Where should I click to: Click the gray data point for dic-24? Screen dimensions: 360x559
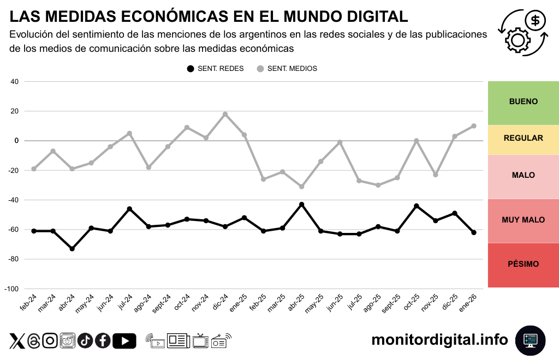[225, 114]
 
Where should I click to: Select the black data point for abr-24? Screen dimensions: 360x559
[72, 249]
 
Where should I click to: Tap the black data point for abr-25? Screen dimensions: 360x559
[301, 205]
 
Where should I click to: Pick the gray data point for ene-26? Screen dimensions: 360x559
[473, 126]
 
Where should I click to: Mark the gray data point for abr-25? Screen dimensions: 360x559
[301, 187]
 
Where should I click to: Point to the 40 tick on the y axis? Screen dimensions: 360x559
[15, 82]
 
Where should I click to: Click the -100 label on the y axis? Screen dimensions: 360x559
[11, 289]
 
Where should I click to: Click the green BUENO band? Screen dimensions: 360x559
[523, 102]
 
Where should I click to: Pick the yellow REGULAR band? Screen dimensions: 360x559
[523, 139]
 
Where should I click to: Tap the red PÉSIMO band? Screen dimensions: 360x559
[523, 265]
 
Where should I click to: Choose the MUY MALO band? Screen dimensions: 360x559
[523, 220]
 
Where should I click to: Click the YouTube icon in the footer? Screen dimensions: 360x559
[124, 341]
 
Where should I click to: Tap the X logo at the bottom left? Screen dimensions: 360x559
[17, 341]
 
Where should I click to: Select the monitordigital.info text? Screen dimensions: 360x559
[439, 340]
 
